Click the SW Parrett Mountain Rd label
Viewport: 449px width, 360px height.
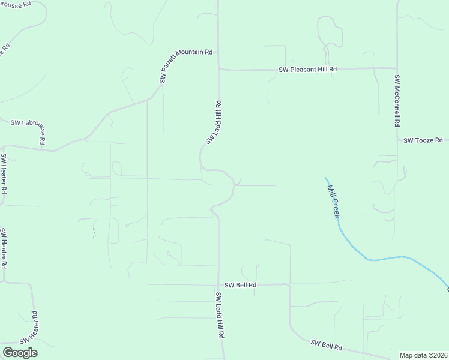click(185, 66)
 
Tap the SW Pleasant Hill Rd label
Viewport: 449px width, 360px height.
click(307, 70)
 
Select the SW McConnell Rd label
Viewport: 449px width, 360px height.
click(397, 100)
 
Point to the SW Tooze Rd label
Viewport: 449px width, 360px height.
click(423, 140)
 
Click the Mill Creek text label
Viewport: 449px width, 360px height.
click(333, 200)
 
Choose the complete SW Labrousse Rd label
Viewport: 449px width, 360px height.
click(28, 128)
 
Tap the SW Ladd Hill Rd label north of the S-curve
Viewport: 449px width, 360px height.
click(214, 122)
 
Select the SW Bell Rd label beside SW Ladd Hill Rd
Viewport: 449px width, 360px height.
click(241, 285)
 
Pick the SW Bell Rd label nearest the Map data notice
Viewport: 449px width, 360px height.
click(327, 345)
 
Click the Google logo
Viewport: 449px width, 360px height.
click(20, 353)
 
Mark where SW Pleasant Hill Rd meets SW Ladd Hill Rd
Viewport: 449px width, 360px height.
click(218, 69)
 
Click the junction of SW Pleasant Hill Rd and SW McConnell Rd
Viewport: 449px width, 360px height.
click(396, 68)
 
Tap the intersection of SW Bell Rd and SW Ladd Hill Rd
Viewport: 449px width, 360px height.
click(218, 285)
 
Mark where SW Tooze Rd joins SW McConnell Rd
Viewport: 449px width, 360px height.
click(397, 140)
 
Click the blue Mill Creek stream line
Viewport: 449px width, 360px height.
click(384, 259)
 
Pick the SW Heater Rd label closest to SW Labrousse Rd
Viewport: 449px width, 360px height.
click(4, 174)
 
